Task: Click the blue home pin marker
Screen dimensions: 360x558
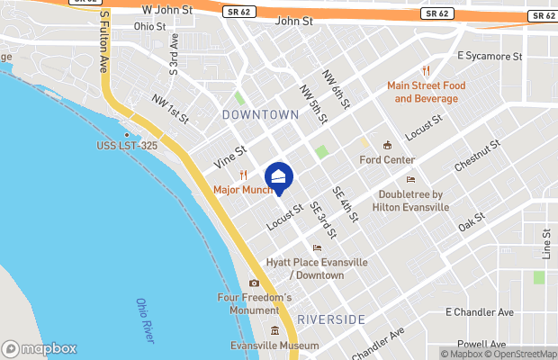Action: [279, 178]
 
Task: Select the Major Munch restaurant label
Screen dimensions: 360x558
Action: [243, 190]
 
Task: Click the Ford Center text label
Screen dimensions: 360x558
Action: [386, 160]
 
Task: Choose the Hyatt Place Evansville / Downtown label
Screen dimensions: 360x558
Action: [317, 268]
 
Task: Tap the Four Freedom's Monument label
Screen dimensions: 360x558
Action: [255, 303]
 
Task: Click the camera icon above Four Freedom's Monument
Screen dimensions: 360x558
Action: [255, 283]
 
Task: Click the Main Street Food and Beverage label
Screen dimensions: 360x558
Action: [428, 92]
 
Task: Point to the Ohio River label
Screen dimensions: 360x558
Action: [144, 319]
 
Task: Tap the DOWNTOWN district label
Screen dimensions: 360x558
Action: [260, 115]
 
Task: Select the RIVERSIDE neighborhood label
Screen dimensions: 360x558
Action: [331, 319]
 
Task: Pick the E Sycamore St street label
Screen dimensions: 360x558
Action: [490, 56]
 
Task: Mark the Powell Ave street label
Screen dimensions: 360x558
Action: [481, 344]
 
